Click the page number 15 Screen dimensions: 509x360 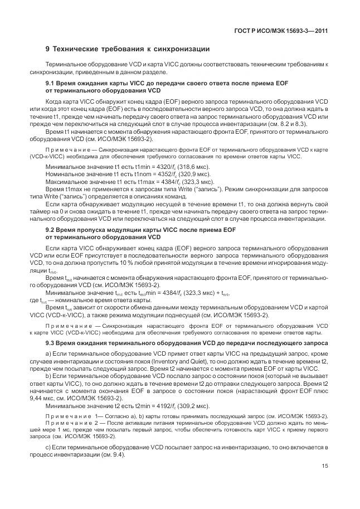(x=324, y=467)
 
